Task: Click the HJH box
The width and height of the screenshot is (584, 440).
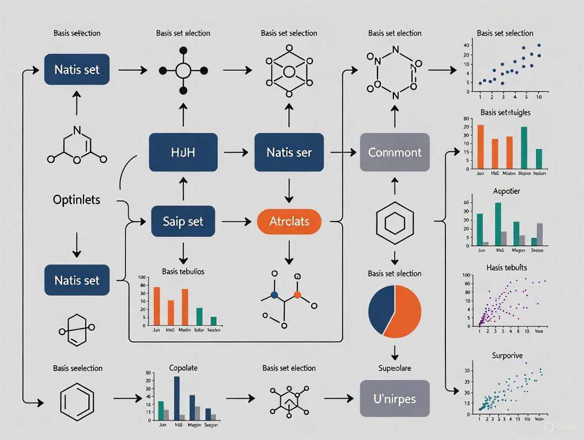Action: tap(182, 152)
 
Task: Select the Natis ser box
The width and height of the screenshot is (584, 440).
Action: tap(288, 152)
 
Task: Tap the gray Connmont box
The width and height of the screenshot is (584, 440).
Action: tap(394, 152)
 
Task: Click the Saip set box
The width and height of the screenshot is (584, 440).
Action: tap(182, 221)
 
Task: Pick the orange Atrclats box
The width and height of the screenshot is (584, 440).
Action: tap(289, 221)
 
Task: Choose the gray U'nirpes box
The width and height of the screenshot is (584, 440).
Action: tap(394, 398)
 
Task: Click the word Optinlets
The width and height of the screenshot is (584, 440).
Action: tap(77, 200)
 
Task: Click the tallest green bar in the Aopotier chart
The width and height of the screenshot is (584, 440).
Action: tap(498, 224)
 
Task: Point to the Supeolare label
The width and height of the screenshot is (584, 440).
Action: tap(394, 368)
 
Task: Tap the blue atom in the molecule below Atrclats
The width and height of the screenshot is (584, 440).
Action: tap(274, 294)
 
